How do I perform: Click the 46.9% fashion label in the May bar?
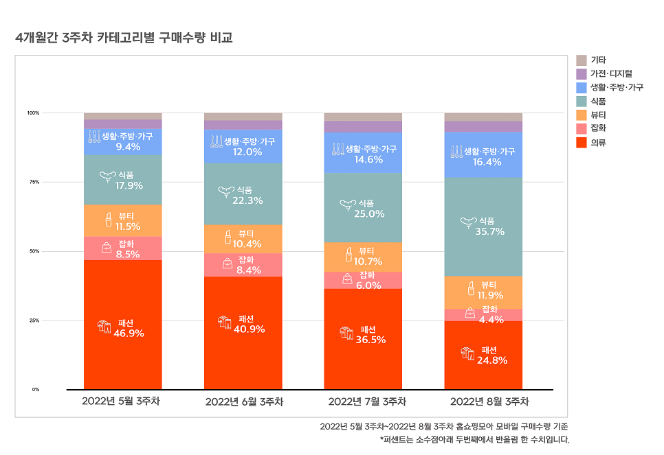point(129,334)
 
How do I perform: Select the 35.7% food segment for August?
point(483,226)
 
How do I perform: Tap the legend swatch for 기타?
point(581,60)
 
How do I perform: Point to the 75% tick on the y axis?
point(33,182)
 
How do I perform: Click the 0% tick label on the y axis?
point(34,389)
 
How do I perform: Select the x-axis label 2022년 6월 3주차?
point(244,401)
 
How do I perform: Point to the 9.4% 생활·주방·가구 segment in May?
point(123,141)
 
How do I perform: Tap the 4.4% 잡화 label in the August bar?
point(491,319)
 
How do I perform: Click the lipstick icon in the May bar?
point(108,220)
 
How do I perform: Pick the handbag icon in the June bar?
point(228,264)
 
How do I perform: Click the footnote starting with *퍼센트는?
point(474,439)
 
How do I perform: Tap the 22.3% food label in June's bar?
point(248,200)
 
